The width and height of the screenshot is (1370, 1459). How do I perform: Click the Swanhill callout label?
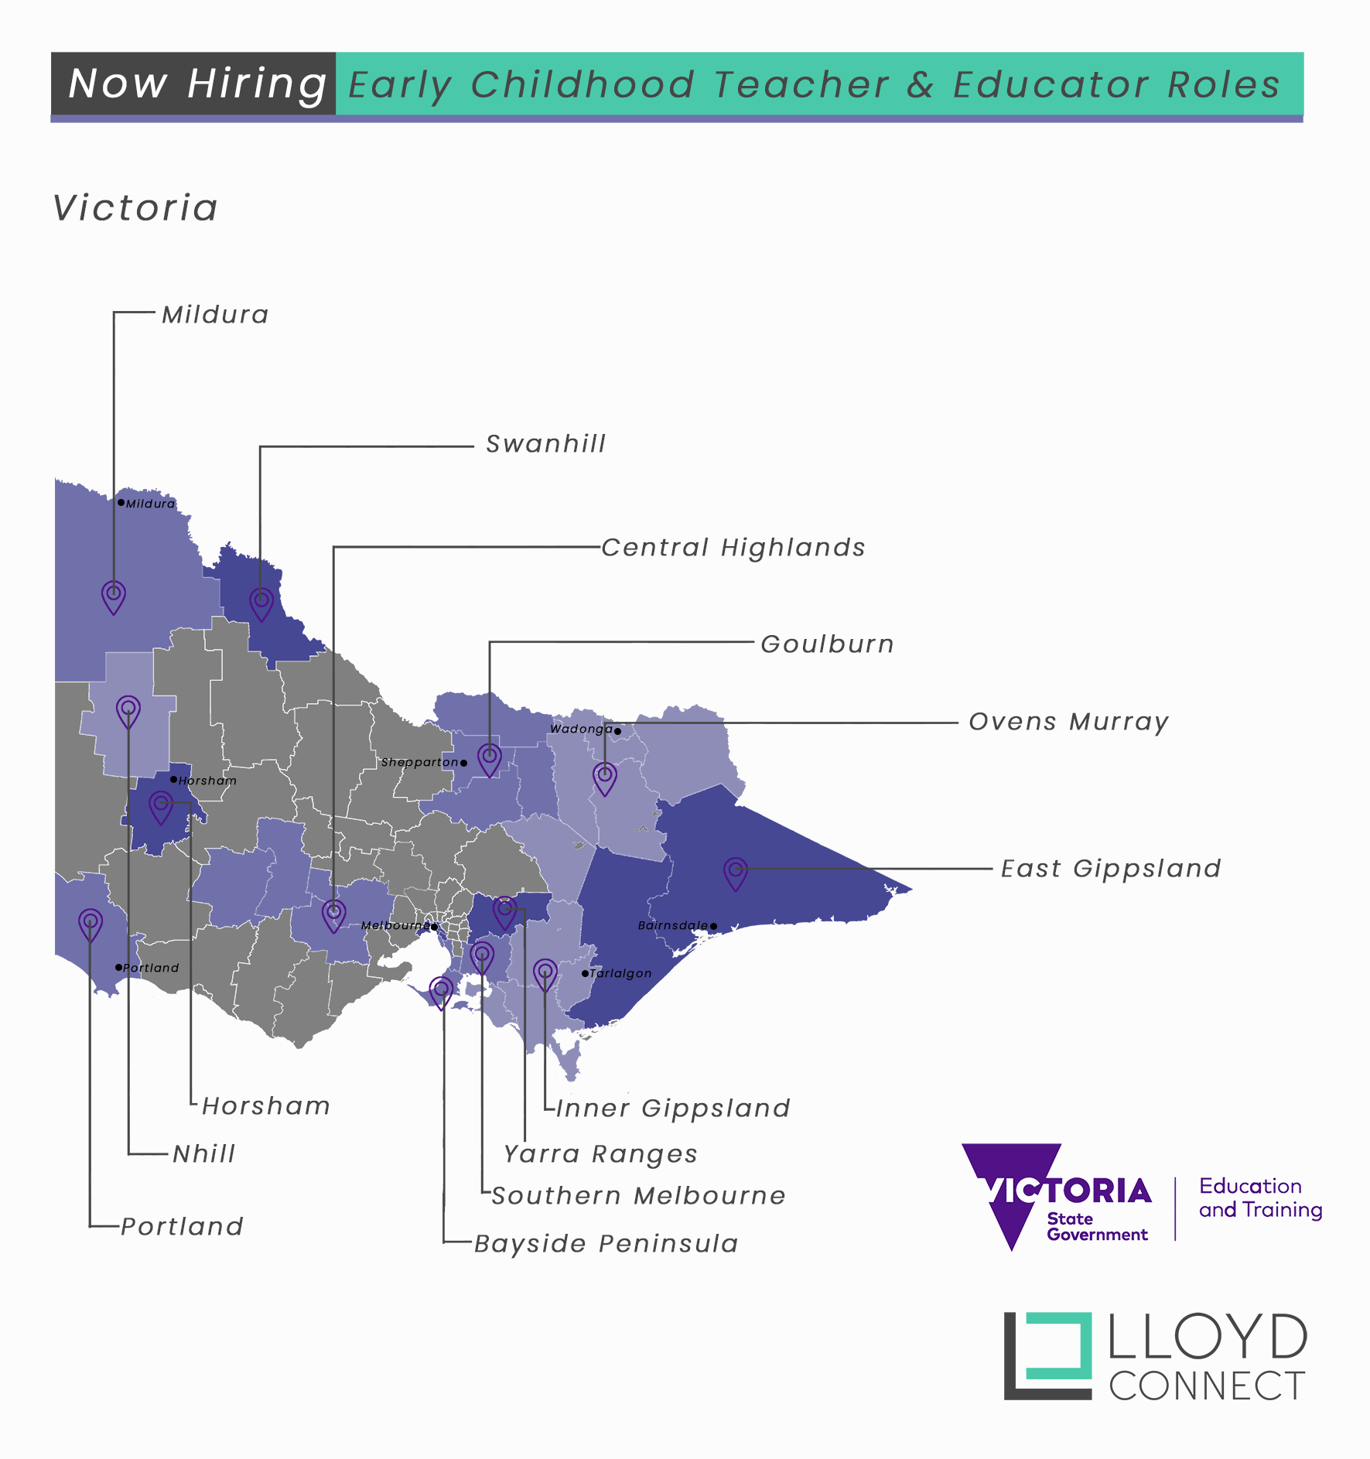545,444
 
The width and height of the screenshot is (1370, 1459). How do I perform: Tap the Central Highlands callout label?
733,548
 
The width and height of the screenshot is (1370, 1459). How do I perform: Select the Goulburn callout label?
827,644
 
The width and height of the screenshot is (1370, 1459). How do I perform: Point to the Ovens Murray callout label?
1068,722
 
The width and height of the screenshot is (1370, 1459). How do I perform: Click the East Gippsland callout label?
1111,869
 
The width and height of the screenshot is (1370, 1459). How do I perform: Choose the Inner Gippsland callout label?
673,1108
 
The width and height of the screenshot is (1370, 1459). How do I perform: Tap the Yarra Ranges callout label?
600,1154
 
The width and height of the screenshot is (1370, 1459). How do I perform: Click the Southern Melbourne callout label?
638,1196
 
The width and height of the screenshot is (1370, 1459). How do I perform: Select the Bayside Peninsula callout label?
606,1244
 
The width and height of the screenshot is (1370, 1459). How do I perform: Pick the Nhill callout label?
204,1154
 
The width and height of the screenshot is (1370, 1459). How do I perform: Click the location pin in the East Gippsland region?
736,873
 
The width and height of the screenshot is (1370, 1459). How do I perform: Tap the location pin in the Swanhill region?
261,603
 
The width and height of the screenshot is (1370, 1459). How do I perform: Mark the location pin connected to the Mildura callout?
114,596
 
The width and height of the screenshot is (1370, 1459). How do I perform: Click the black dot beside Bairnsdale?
713,926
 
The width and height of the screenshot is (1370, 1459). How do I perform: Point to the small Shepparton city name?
419,763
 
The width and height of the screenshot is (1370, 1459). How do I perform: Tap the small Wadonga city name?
581,729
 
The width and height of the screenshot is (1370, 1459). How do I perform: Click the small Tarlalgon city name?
620,973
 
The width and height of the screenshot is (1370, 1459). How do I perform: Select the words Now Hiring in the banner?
196,84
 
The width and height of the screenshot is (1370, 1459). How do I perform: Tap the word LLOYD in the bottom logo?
1208,1338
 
